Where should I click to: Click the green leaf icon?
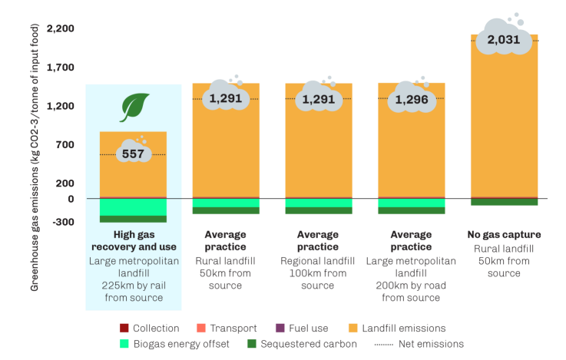pyautogui.click(x=133, y=107)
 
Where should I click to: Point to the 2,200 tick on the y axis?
pyautogui.click(x=60, y=29)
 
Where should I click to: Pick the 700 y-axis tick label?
pyautogui.click(x=64, y=145)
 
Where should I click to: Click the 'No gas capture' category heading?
pyautogui.click(x=504, y=235)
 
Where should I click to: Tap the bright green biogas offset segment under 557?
pyautogui.click(x=133, y=207)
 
